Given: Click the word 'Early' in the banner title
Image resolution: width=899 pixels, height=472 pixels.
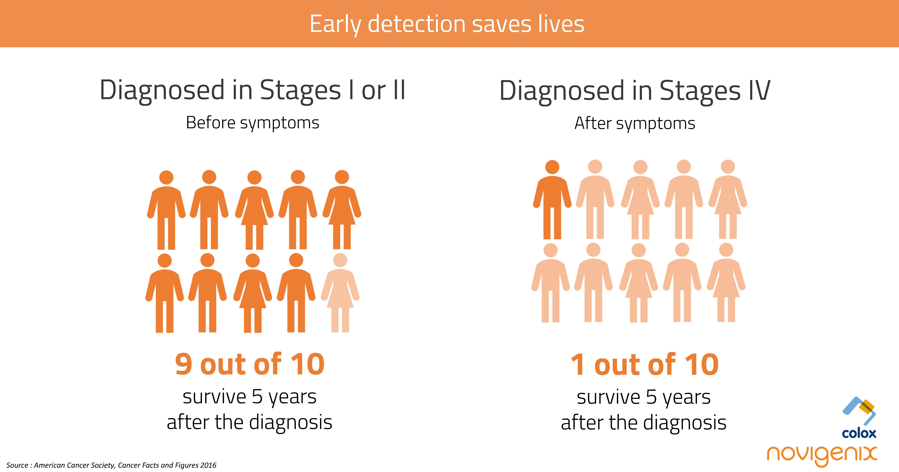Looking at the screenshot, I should (x=335, y=24).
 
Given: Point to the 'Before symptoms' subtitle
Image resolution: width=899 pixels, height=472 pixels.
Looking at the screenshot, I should (x=252, y=123).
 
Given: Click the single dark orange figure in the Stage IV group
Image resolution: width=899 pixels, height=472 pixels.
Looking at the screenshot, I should (x=552, y=199).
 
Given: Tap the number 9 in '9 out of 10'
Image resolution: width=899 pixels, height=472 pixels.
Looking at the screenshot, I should (x=184, y=364).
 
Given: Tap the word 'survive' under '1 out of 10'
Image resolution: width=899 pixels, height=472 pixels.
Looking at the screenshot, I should (x=608, y=397).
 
